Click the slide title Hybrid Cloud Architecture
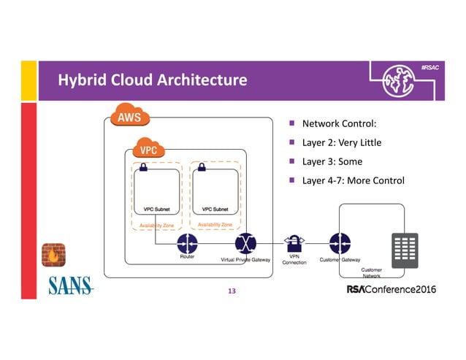pyautogui.click(x=152, y=79)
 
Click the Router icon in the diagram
pyautogui.click(x=188, y=242)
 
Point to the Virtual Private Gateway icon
pyautogui.click(x=245, y=242)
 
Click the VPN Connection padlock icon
pyautogui.click(x=293, y=242)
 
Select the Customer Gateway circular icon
pyautogui.click(x=339, y=242)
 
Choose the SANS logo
pyautogui.click(x=71, y=286)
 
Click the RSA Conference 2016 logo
pyautogui.click(x=391, y=290)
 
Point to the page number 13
pyautogui.click(x=232, y=291)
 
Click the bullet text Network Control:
pyautogui.click(x=343, y=123)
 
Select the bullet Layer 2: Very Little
pyautogui.click(x=341, y=142)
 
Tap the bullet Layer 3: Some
pyautogui.click(x=332, y=161)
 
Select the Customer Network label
pyautogui.click(x=371, y=273)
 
